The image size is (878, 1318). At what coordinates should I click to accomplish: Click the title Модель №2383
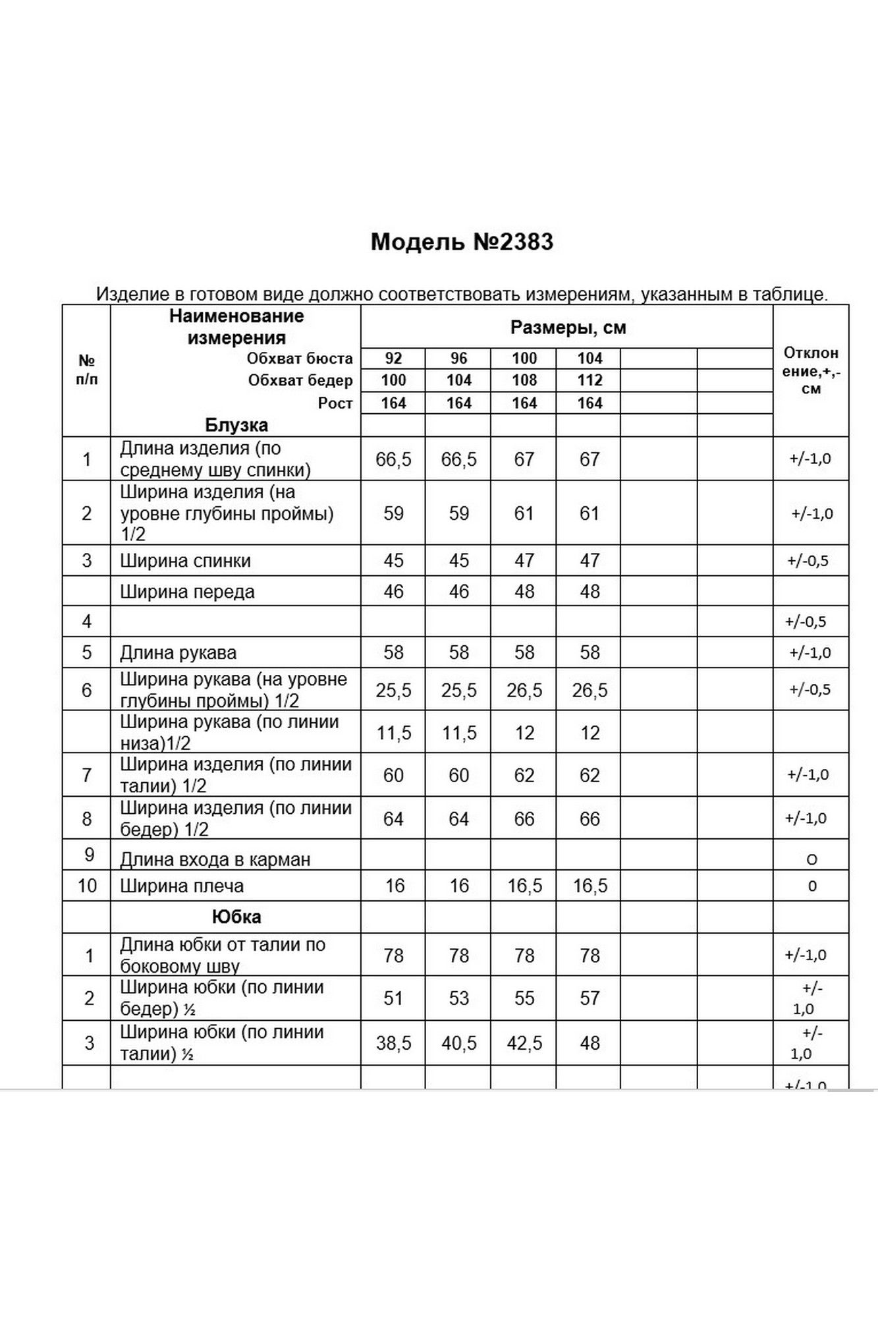coord(462,242)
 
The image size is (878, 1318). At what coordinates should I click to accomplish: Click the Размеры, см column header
coord(568,328)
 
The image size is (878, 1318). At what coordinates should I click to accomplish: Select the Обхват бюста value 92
coord(393,358)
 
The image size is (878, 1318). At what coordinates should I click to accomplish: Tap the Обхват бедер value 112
coord(590,380)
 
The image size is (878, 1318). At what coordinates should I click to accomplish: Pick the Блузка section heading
coord(236,425)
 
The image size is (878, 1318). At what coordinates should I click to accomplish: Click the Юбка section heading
coord(236,917)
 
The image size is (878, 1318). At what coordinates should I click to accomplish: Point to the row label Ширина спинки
coord(185,561)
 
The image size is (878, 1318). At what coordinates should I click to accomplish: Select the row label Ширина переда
coord(187,592)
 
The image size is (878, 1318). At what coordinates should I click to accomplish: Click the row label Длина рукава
coord(178,653)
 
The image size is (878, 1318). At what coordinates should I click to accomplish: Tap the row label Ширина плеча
coord(182,886)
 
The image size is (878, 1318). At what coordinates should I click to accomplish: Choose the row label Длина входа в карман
coord(215,859)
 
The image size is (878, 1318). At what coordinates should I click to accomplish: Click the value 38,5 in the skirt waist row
coord(393,1043)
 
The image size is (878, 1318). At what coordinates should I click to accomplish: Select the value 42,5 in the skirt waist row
coord(524,1043)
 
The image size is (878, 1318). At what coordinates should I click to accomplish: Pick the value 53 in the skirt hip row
coord(458,998)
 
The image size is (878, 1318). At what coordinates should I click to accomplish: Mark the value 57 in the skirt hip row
coord(590,998)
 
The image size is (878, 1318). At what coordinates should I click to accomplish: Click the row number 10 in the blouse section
coord(87,886)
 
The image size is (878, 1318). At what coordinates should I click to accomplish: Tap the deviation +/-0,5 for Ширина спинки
coord(808,561)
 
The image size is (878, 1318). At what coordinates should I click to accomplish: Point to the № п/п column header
coord(87,370)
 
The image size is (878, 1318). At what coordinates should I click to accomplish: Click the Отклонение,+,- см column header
coord(811,370)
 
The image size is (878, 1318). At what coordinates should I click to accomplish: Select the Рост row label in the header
coord(335,403)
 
